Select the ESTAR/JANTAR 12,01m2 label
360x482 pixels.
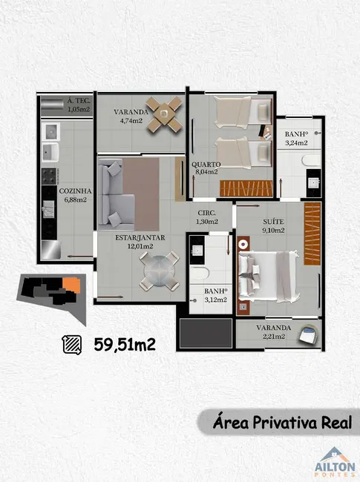click(140, 242)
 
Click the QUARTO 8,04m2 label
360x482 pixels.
click(205, 168)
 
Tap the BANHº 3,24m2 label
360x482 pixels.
click(296, 139)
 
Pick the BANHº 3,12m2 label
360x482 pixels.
click(215, 296)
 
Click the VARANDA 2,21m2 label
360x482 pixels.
click(274, 334)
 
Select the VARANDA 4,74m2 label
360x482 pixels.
click(129, 116)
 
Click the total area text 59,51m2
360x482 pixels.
click(125, 343)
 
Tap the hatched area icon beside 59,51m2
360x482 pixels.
click(72, 343)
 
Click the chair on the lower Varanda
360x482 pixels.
click(306, 336)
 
